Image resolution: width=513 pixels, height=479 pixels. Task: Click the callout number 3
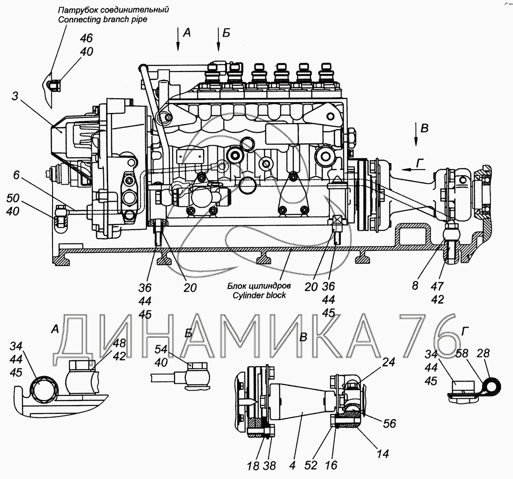pos(15,97)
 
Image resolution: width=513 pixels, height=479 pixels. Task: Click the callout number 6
pos(17,175)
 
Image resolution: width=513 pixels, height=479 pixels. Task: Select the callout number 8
pos(415,285)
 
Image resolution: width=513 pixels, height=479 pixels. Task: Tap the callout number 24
pos(388,362)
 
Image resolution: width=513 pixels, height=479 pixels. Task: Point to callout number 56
pos(389,423)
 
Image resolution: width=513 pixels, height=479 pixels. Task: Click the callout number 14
pos(383,454)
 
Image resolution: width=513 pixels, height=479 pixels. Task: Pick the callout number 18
pos(253,465)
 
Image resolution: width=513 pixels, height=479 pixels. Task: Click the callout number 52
pos(311,465)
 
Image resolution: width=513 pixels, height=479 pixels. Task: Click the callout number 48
pos(120,343)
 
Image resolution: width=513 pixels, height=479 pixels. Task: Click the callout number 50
pos(13,198)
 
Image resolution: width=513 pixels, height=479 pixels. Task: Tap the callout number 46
pos(86,38)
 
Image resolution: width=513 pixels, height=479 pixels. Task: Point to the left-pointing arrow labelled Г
pos(408,169)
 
